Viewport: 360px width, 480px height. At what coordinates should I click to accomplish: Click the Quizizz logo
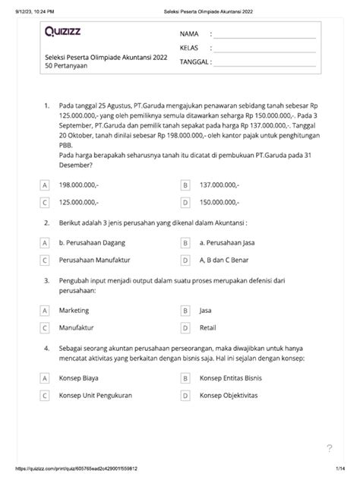pyautogui.click(x=67, y=32)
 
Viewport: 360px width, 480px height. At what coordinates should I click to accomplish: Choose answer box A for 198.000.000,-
pyautogui.click(x=45, y=185)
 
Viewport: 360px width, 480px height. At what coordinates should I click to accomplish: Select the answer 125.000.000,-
pyautogui.click(x=78, y=202)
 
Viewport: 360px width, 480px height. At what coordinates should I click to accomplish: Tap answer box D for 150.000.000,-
pyautogui.click(x=185, y=202)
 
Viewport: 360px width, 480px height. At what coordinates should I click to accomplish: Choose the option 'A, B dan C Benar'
pyautogui.click(x=226, y=260)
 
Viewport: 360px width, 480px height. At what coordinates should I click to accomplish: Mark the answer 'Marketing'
pyautogui.click(x=74, y=311)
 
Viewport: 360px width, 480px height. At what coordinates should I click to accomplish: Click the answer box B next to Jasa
pyautogui.click(x=185, y=311)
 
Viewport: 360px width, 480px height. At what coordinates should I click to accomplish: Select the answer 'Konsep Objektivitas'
pyautogui.click(x=229, y=395)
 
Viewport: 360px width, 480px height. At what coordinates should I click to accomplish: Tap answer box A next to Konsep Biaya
pyautogui.click(x=45, y=377)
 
